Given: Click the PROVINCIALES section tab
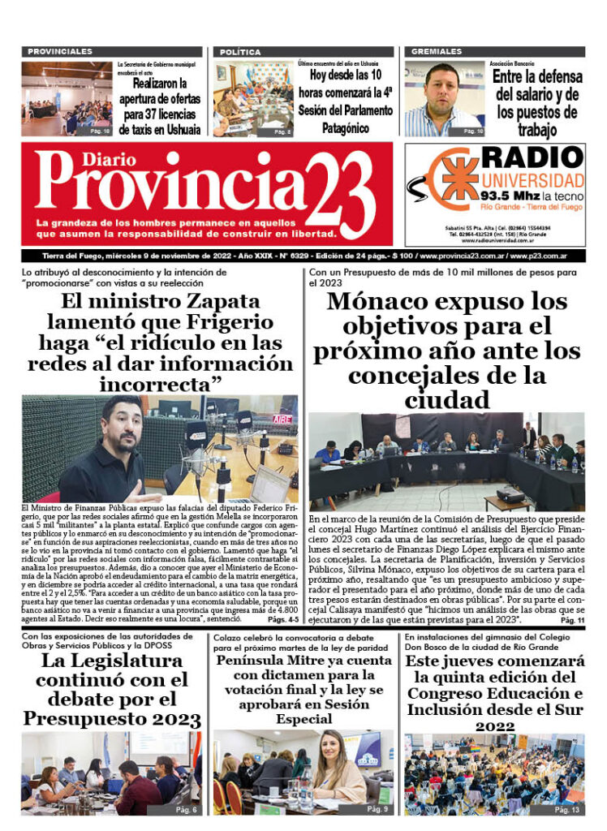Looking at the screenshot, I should tap(61, 51).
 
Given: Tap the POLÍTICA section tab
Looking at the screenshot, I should tap(239, 51).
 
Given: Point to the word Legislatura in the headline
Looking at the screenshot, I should tap(125, 662).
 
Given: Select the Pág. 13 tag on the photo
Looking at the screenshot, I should tap(566, 810).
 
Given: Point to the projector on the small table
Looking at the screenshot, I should tap(510, 493).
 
